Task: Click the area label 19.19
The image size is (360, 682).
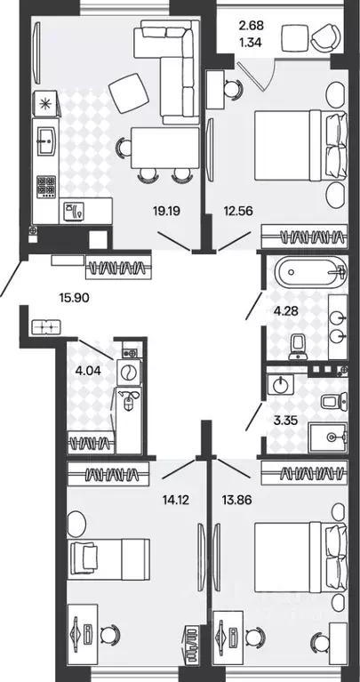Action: (166, 211)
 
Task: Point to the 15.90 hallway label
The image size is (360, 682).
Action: (75, 298)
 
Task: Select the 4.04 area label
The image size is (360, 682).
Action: (88, 371)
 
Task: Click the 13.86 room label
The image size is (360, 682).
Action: (237, 501)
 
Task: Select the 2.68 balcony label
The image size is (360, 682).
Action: (252, 26)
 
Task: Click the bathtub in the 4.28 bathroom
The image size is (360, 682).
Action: (310, 273)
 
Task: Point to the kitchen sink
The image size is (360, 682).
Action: (46, 140)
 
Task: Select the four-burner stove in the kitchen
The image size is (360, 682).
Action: (46, 187)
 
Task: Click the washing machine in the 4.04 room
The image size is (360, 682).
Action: (129, 373)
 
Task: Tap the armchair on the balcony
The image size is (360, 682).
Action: (326, 37)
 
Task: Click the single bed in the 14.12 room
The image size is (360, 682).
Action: (108, 559)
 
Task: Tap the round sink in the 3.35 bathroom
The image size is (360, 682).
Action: (281, 383)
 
